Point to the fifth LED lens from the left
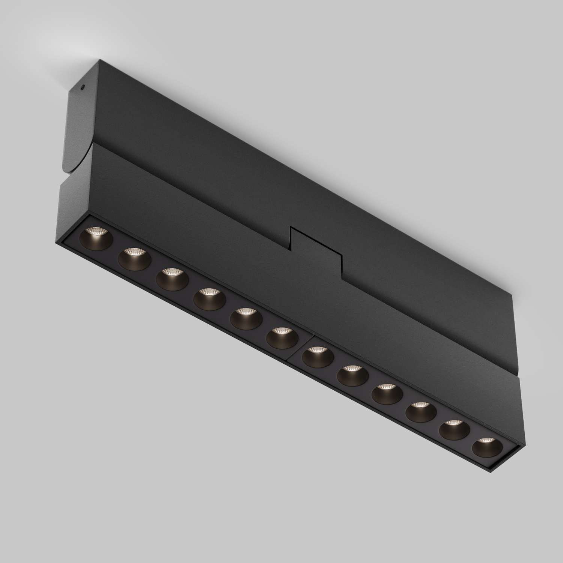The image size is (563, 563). [246, 318]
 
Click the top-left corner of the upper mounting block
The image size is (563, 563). [100, 60]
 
